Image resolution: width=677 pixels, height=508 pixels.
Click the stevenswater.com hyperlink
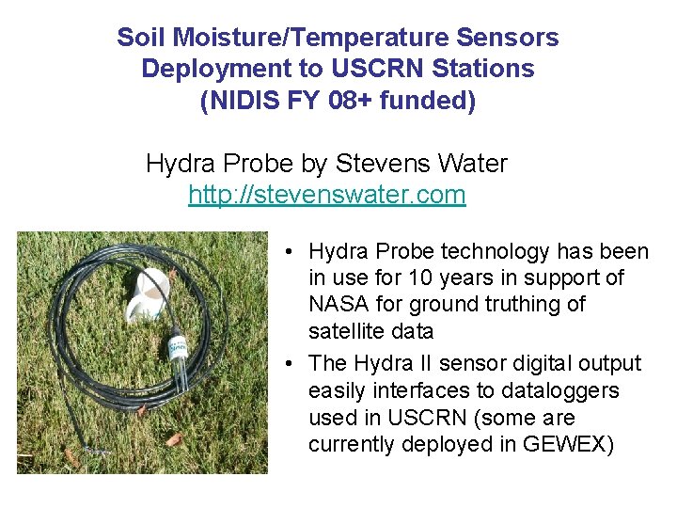click(326, 195)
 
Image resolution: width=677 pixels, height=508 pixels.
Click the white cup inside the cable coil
click(152, 294)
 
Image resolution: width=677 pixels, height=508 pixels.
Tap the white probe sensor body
click(178, 341)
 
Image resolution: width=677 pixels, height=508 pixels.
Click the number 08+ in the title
click(355, 101)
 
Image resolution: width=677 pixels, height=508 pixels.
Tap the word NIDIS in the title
click(232, 101)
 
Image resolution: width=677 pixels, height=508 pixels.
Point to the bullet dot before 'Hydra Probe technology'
click(293, 252)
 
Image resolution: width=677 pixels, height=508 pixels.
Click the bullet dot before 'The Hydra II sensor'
click(293, 364)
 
